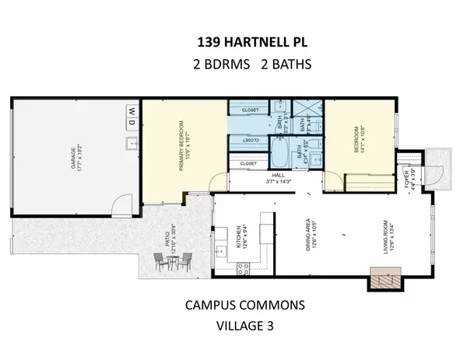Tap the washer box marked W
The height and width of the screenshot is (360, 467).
coord(131,111)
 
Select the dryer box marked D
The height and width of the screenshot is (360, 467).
coord(131,124)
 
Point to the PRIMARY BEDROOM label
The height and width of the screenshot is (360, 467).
coord(184,145)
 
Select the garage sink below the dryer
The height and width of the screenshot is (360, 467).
coord(132,142)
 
